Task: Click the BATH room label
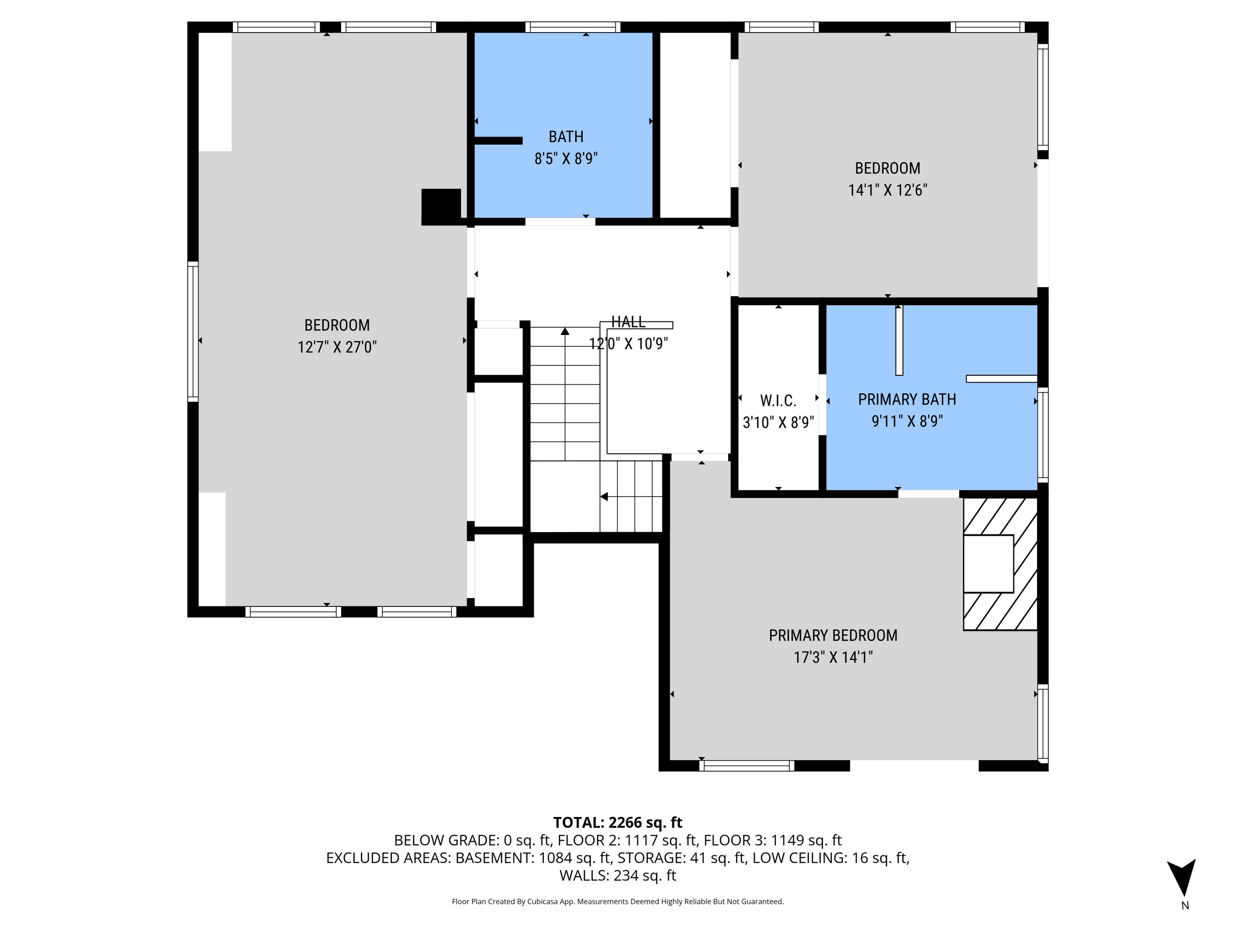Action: [566, 137]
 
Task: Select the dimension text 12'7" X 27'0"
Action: [337, 347]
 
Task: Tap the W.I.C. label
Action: [778, 400]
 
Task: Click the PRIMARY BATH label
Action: [907, 400]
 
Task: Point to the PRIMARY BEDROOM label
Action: [833, 635]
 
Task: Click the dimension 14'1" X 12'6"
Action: [887, 190]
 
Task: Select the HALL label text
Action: [628, 322]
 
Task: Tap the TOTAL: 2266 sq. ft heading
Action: [618, 822]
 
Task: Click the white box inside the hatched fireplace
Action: [988, 564]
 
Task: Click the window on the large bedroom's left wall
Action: [193, 331]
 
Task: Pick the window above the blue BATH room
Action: [573, 27]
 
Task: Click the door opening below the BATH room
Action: [560, 222]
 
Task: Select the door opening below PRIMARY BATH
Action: [928, 494]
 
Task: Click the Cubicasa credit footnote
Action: [618, 901]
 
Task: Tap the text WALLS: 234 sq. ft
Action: [618, 875]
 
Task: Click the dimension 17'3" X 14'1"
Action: [833, 657]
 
